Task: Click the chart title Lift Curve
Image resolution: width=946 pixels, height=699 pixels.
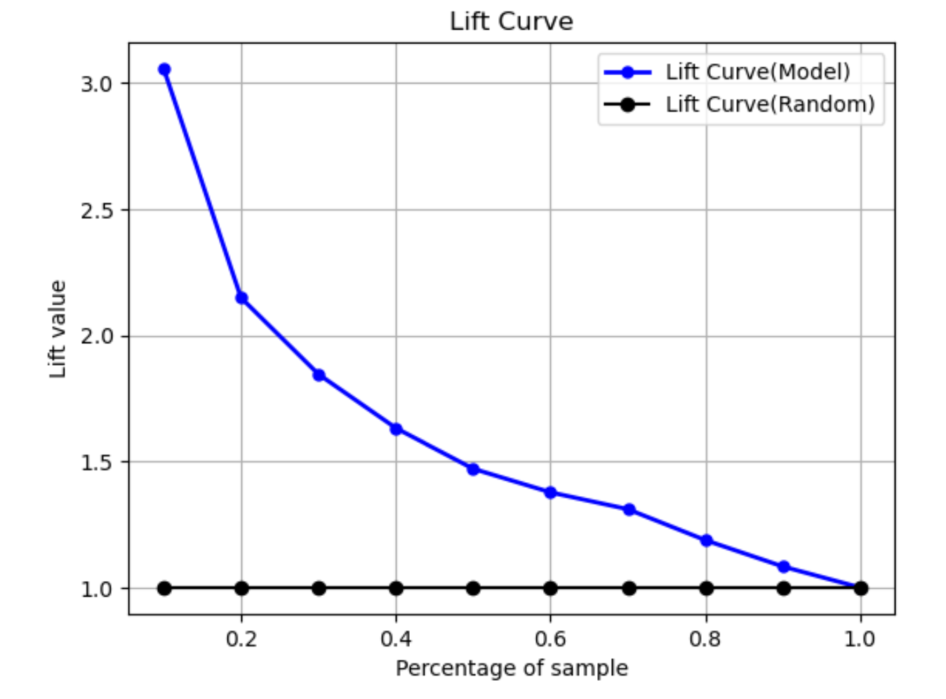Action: [511, 21]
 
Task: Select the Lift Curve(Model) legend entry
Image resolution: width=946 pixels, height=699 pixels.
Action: [757, 72]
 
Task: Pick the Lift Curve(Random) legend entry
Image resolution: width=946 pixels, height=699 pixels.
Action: [770, 104]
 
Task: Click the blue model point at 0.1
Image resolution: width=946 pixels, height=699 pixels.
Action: [164, 69]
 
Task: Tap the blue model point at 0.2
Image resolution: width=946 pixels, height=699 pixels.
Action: [241, 298]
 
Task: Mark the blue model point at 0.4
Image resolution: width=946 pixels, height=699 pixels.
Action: [396, 429]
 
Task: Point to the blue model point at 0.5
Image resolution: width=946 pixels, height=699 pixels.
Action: [473, 469]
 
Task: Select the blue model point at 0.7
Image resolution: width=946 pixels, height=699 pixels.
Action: [629, 510]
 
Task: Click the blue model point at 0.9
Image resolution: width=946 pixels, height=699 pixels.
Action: [784, 566]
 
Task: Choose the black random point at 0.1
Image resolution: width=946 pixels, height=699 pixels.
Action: [164, 588]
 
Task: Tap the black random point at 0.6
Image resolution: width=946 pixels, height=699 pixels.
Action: [550, 588]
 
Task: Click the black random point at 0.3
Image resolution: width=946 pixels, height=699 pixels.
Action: [319, 588]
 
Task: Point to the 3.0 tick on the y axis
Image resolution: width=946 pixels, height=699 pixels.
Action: [97, 84]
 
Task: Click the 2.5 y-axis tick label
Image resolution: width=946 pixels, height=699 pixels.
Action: [97, 210]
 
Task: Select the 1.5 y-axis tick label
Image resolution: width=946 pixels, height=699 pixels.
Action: [97, 462]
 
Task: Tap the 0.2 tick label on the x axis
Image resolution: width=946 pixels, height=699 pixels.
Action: [241, 639]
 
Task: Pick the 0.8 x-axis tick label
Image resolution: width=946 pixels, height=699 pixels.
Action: [706, 639]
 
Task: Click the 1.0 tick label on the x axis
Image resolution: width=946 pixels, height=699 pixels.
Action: [860, 639]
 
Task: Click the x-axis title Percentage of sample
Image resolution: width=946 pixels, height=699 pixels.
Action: [512, 668]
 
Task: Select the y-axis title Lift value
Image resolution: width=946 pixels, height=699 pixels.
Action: [58, 329]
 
